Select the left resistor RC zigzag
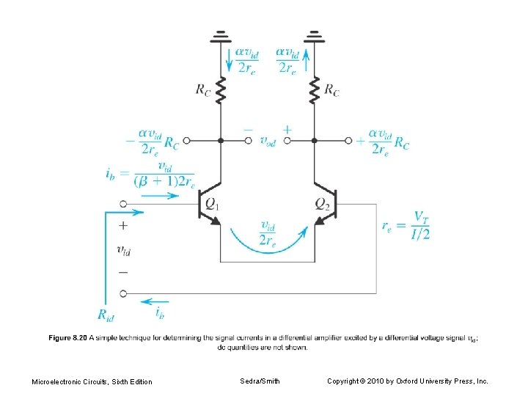pos(220,92)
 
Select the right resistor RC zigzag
pos(314,92)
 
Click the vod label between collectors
pos(268,141)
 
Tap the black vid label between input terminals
pos(124,251)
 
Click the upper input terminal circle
pos(123,205)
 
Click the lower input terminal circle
pos(123,294)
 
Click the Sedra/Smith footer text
pos(260,381)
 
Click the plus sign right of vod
pos(287,129)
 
